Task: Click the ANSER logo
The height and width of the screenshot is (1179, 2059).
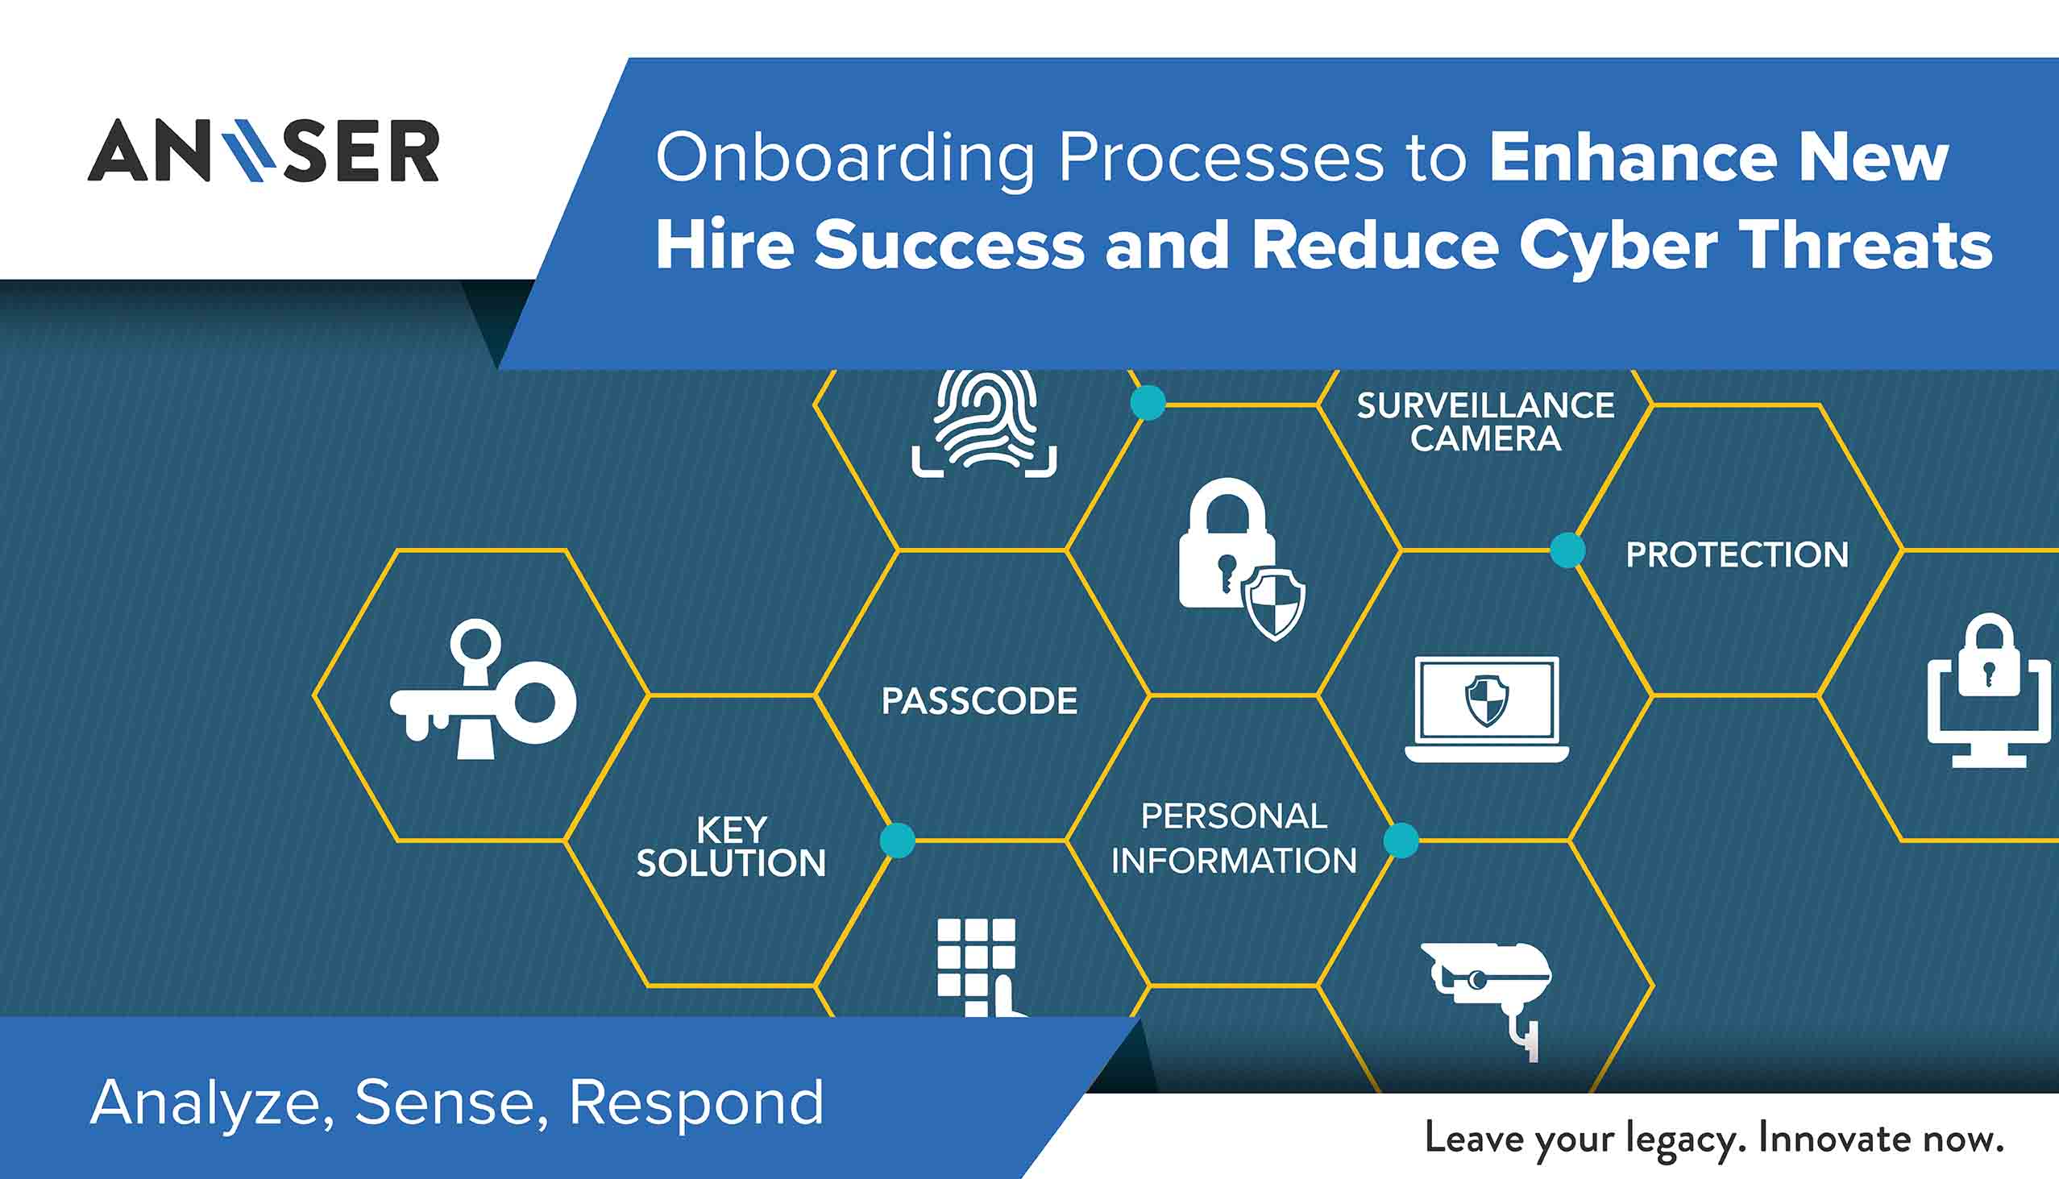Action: [x=264, y=150]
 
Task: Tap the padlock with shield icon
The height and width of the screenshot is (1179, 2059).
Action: [x=1242, y=558]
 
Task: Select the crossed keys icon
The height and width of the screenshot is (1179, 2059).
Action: [x=484, y=689]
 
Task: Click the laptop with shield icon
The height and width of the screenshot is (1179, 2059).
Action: [x=1487, y=709]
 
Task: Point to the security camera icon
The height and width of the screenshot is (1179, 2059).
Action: [x=1488, y=999]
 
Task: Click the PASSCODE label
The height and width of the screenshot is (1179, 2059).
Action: [x=980, y=701]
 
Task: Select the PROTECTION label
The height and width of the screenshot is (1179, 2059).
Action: [x=1737, y=555]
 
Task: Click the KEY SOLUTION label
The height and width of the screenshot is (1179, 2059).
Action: [x=731, y=847]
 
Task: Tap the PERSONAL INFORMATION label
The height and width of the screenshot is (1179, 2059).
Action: [x=1234, y=838]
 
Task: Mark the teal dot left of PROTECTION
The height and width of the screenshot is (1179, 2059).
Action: [x=1567, y=550]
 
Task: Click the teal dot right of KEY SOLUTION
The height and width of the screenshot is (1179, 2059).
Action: [x=897, y=841]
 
